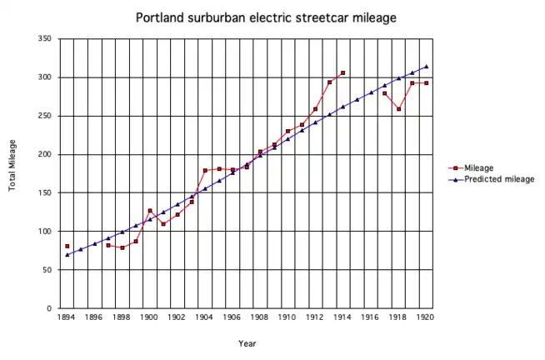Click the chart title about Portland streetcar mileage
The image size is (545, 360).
[267, 17]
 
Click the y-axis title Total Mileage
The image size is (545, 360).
[13, 173]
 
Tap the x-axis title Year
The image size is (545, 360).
[247, 343]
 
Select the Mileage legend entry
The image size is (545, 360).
[479, 167]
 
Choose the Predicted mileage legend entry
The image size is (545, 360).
[498, 178]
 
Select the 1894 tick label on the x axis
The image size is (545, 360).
[67, 317]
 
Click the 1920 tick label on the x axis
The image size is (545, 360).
[426, 317]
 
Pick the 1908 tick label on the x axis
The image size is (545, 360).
[260, 317]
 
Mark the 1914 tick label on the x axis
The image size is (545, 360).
[342, 317]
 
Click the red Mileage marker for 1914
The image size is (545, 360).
[342, 73]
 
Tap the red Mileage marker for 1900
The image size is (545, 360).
[150, 211]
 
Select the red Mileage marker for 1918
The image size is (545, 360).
[398, 109]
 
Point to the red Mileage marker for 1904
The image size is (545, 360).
[205, 171]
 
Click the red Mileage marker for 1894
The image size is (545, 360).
[67, 247]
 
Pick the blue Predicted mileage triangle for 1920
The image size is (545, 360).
[426, 67]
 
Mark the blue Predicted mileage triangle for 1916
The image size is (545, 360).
[371, 92]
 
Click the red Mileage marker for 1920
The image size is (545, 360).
[426, 83]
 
